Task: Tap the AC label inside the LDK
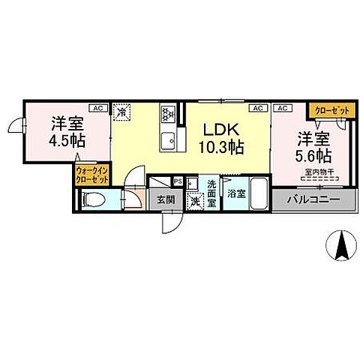pos(258,108)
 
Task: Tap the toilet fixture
pos(93,199)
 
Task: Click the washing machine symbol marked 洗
pos(195,200)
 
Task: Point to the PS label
pos(178,181)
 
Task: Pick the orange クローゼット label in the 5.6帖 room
pos(331,111)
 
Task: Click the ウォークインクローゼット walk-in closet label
pos(90,175)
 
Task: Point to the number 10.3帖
pos(221,147)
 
